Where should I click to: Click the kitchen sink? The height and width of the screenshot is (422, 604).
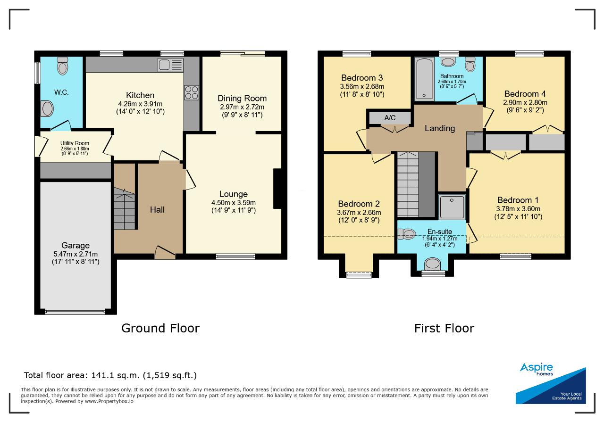point(171,65)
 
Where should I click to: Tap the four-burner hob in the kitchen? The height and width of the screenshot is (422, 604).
point(192,93)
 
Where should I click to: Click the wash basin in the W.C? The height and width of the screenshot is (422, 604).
point(47,109)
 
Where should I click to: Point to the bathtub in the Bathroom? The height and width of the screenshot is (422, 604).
point(424,79)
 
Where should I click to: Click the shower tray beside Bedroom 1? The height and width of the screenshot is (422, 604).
point(452,207)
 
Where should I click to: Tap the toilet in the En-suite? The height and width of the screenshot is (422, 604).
point(407,234)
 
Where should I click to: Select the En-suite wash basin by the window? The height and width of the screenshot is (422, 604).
point(432,263)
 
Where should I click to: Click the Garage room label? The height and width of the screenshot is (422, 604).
point(75,246)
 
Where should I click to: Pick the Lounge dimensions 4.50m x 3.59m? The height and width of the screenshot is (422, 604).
point(234,203)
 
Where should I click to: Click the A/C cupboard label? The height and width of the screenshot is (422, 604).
point(390,118)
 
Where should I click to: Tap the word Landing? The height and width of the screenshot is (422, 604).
point(440,128)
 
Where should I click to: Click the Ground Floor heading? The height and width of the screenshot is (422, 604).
point(160,328)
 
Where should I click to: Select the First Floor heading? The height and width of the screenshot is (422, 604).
point(444,328)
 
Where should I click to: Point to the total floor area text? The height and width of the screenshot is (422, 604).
point(110,375)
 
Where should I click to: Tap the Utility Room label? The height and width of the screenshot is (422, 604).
point(75,143)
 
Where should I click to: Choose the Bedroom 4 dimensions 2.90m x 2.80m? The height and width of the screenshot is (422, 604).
point(525,102)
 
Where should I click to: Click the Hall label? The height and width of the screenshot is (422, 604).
point(157,210)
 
